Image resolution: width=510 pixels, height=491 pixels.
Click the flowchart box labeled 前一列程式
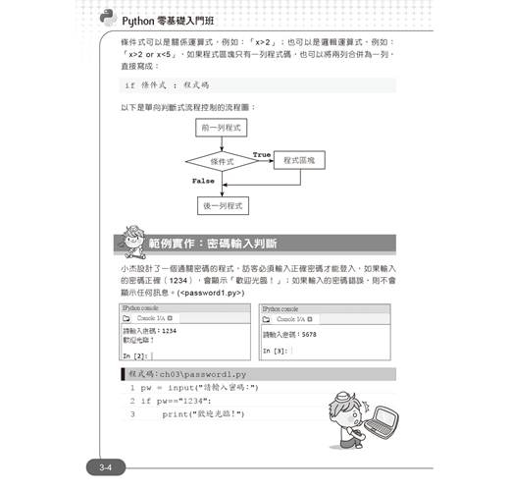point(222,128)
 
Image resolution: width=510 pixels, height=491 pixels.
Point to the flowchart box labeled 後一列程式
point(222,206)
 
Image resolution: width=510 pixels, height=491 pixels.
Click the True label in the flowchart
point(262,155)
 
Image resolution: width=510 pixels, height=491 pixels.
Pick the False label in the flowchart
point(203,181)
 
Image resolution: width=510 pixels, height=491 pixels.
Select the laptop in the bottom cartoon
point(381,422)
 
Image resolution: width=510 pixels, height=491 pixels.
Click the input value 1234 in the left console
point(170,331)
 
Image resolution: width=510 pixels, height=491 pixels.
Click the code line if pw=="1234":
point(176,401)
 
